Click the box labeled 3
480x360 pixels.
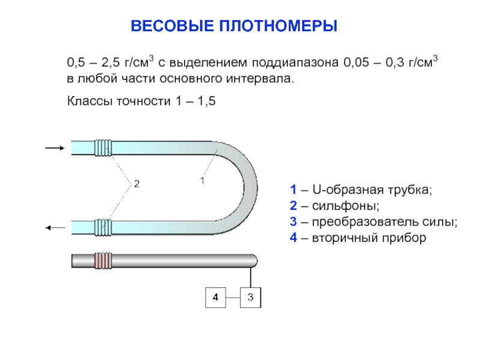coord(251,296)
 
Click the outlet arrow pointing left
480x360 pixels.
coord(55,227)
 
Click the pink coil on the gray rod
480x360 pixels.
coord(103,261)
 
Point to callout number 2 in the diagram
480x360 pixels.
coord(136,183)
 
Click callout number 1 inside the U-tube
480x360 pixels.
coord(202,180)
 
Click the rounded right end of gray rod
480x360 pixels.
coord(254,261)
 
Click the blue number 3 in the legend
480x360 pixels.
coord(292,222)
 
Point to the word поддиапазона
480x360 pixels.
coord(296,62)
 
